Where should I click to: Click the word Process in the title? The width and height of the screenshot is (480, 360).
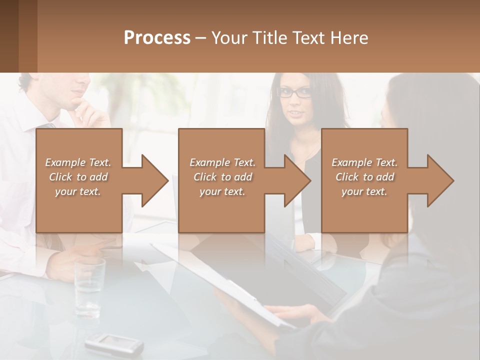[x=157, y=38]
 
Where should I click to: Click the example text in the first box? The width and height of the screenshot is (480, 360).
[x=78, y=177]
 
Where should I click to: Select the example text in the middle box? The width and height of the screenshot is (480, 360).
[x=222, y=177]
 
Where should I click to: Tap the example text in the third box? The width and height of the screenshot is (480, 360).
[x=364, y=177]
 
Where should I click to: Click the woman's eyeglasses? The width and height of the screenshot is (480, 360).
[x=294, y=92]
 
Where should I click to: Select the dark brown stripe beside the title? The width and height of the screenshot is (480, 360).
[x=9, y=36]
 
